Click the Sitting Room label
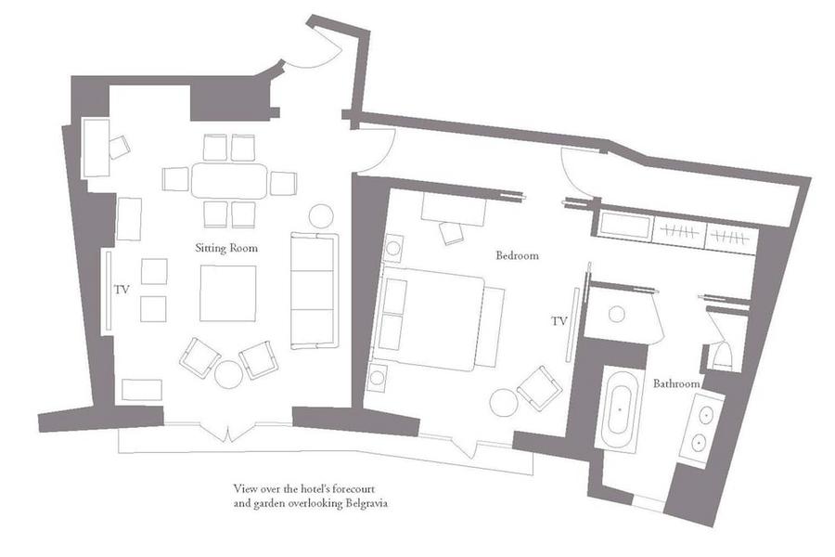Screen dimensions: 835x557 (226, 248)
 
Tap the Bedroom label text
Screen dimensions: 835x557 (517, 255)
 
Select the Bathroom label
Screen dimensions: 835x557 (675, 383)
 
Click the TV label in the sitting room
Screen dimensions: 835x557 (122, 290)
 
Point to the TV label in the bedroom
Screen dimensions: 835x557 (559, 321)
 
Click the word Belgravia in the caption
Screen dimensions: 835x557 (366, 503)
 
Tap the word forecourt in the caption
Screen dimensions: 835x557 (354, 488)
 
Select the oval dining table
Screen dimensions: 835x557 (229, 181)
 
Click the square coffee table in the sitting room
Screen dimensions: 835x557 (228, 293)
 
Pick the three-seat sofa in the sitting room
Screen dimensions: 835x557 (315, 291)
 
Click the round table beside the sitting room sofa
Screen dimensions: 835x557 (321, 216)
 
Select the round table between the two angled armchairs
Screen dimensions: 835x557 (229, 374)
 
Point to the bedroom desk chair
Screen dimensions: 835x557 (452, 233)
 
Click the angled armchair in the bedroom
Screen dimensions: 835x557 (539, 388)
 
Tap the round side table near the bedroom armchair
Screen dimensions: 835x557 (504, 402)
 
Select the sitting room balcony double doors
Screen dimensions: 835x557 (228, 433)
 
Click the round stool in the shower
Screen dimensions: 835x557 (617, 314)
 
